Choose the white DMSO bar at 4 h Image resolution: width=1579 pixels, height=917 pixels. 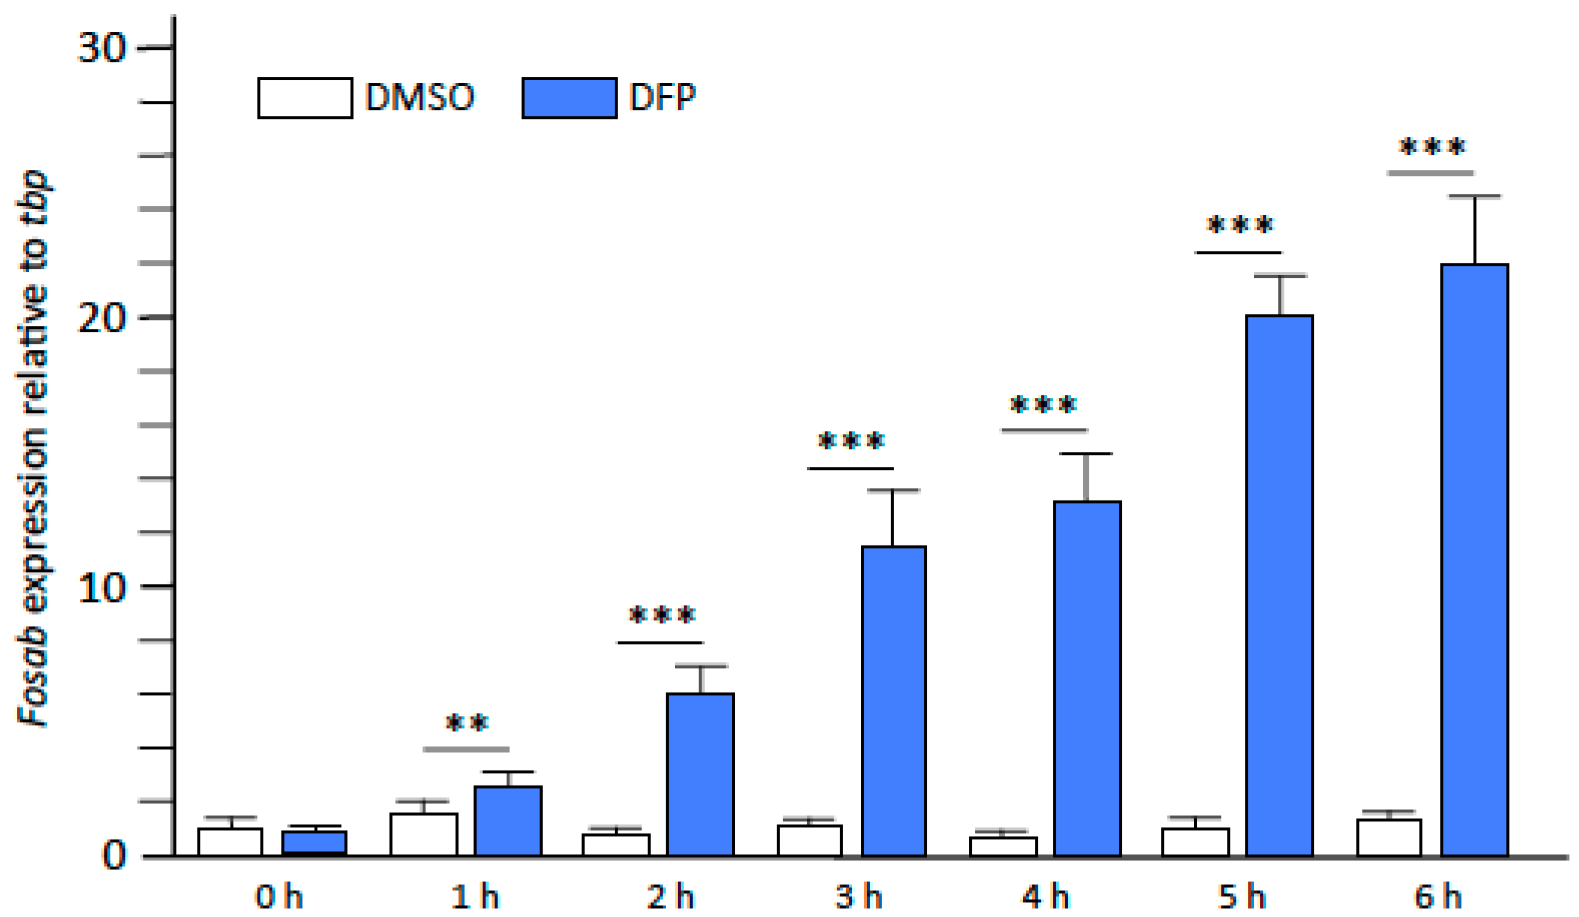[1003, 846]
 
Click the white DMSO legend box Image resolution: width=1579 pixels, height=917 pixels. [305, 98]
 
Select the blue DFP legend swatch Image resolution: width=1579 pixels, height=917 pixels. [569, 98]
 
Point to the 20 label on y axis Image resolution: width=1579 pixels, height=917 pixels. [101, 318]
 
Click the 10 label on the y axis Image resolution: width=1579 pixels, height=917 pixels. [101, 587]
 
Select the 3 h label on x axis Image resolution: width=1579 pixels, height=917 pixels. [858, 897]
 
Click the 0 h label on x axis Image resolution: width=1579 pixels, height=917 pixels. [279, 897]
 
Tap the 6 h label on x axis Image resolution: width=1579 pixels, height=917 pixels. [1437, 897]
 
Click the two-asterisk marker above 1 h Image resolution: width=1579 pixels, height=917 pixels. [467, 723]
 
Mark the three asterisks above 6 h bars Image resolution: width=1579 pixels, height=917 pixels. [1432, 148]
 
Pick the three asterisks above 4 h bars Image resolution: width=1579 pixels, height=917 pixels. [1044, 405]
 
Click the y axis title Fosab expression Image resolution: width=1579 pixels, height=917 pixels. [33, 448]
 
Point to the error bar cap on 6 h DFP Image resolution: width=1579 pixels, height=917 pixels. [1475, 197]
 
